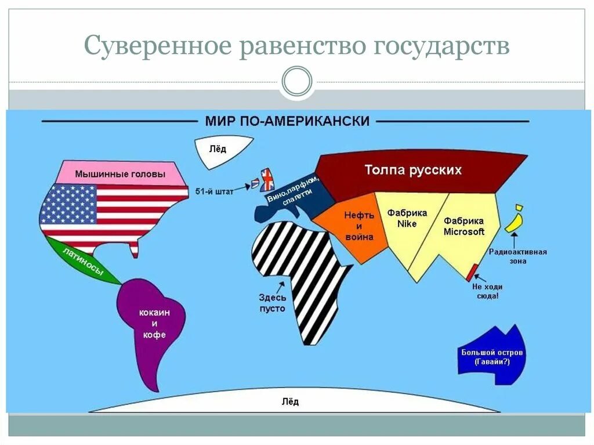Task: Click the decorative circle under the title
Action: coord(296,81)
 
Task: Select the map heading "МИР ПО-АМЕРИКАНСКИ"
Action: coord(287,121)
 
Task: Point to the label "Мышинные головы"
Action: coord(120,173)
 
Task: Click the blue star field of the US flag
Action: coord(68,203)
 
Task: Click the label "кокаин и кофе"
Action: coord(153,323)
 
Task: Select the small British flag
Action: coord(267,180)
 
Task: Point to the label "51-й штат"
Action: coord(214,191)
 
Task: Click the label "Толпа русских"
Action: coord(413,170)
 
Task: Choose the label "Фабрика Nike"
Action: coord(407,218)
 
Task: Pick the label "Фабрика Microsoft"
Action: coord(463,226)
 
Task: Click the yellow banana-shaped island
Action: coord(513,221)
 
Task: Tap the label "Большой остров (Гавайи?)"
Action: coord(492,357)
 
